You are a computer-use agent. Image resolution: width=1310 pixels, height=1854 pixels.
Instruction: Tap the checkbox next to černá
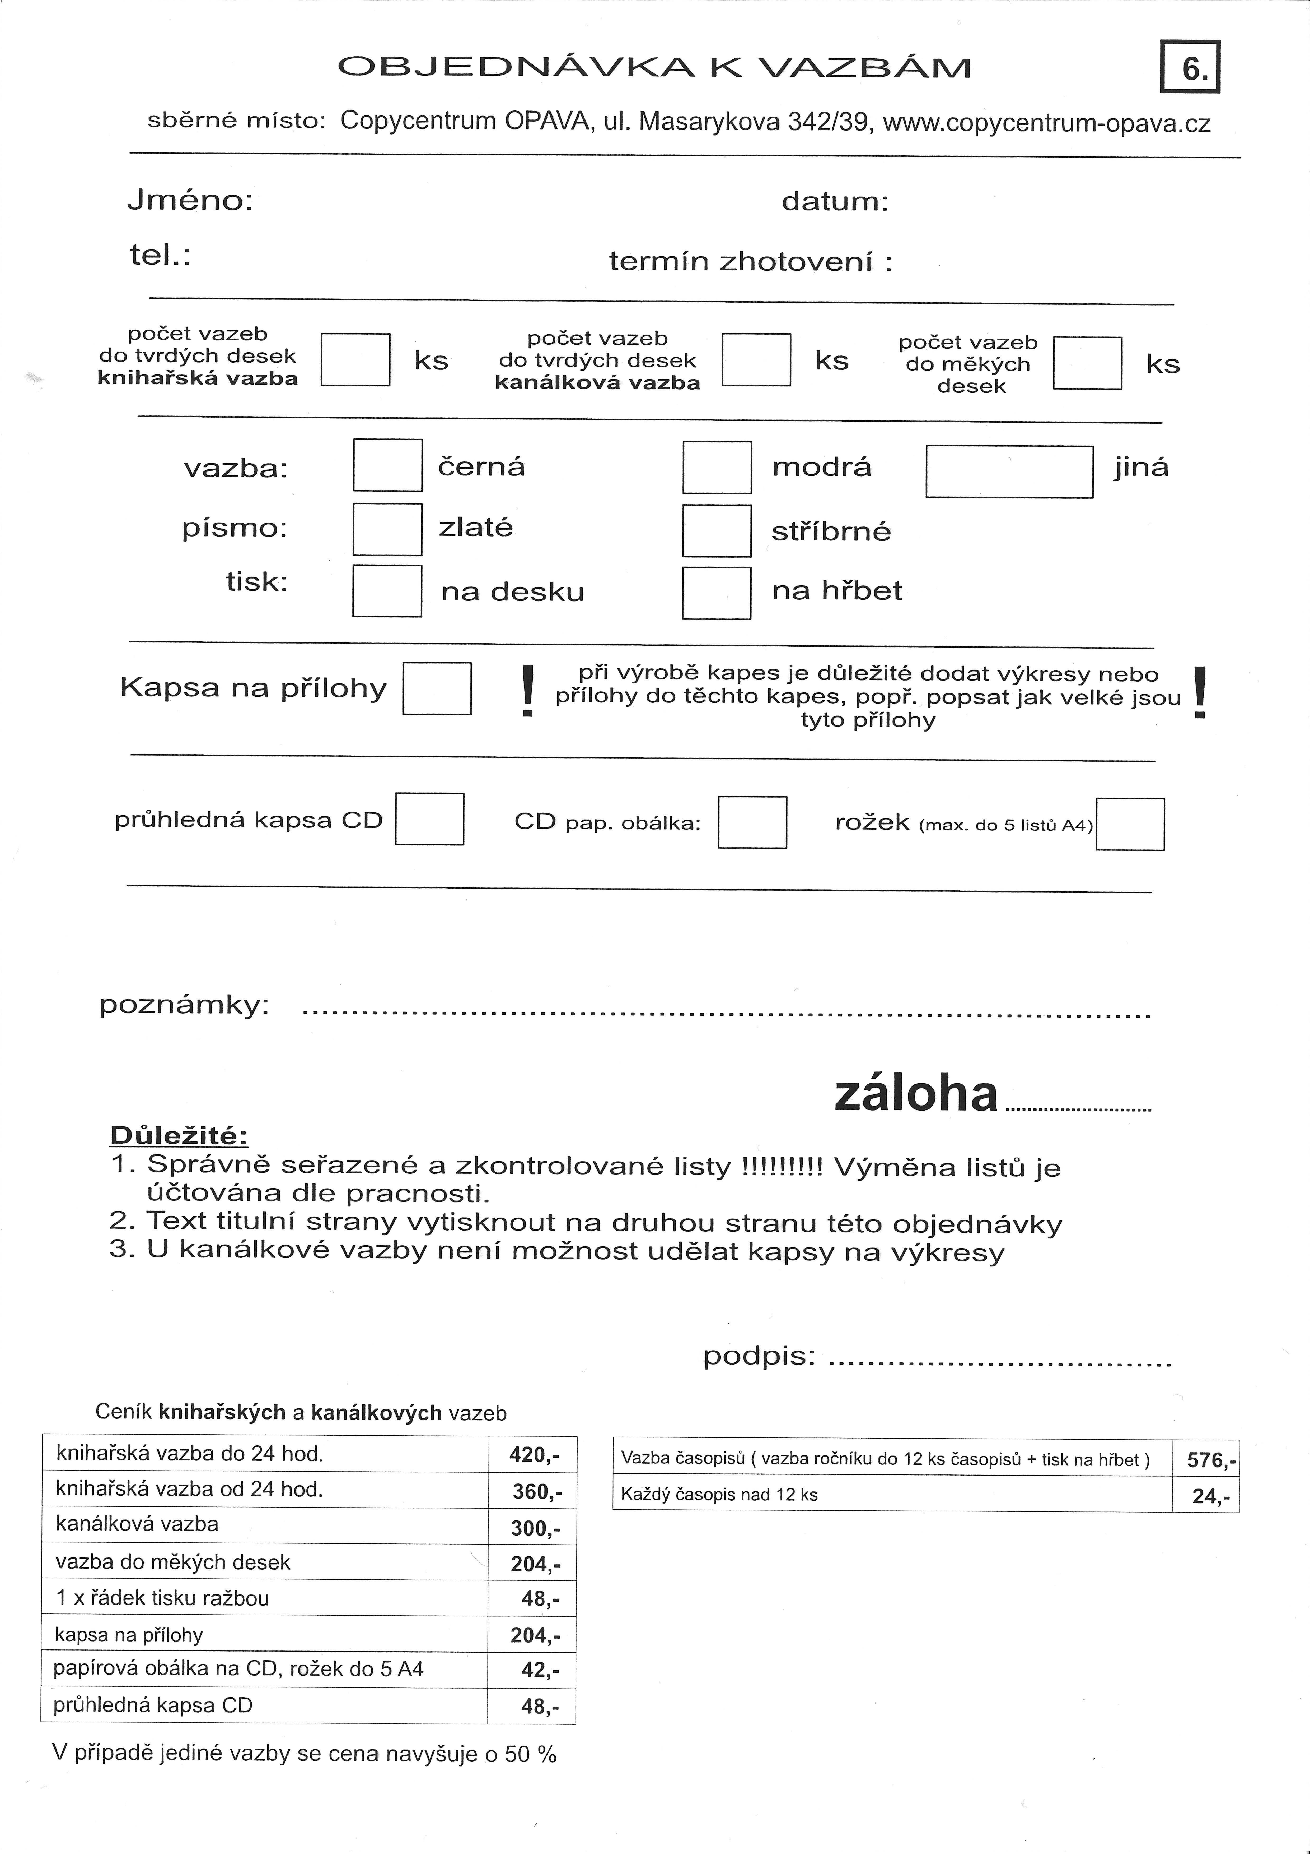click(x=387, y=465)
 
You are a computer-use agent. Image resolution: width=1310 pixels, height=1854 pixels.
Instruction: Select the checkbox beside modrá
click(x=717, y=467)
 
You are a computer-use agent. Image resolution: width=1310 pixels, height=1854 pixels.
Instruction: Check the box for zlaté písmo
click(x=387, y=530)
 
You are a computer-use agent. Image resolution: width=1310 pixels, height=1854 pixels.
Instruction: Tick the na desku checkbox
click(x=387, y=591)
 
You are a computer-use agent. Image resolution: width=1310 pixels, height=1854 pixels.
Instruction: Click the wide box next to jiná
click(x=1009, y=471)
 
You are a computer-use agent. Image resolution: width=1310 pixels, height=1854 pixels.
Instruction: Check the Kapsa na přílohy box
click(x=437, y=689)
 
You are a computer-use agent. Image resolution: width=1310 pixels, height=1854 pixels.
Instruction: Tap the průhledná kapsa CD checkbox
click(x=429, y=819)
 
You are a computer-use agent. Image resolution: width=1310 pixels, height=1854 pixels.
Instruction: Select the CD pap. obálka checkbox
click(x=752, y=822)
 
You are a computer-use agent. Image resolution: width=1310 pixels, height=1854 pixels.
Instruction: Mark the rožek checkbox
click(x=1130, y=824)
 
